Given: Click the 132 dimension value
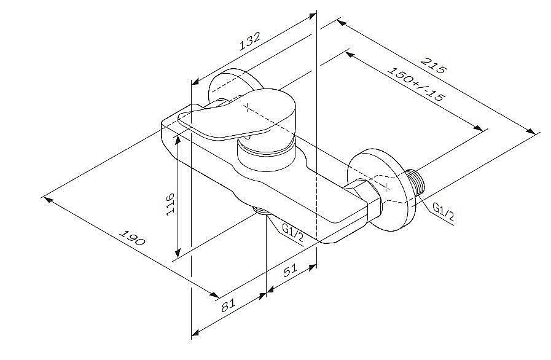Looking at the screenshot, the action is click(250, 41).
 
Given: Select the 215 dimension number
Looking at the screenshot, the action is click(433, 65).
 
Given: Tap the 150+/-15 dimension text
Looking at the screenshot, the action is click(416, 84).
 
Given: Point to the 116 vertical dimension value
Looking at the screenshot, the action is click(170, 204).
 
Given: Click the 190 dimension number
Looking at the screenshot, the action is click(132, 238).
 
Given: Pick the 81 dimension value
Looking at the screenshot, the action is click(229, 305).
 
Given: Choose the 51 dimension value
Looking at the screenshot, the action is click(291, 270).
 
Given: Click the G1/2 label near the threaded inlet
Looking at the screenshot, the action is click(443, 213).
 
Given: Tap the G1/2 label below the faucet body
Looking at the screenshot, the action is click(293, 233).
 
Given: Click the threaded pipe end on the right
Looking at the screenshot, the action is click(415, 184).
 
